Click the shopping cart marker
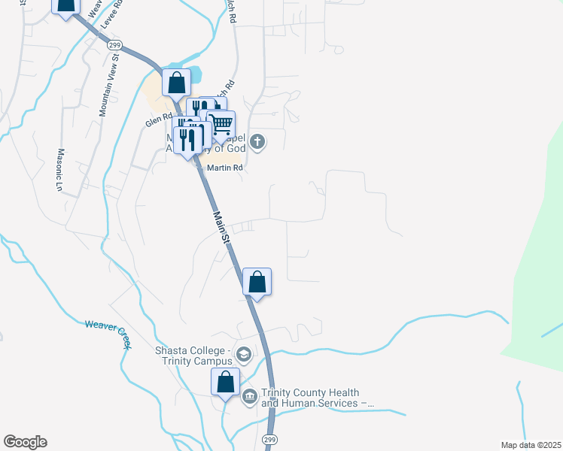[x=221, y=124]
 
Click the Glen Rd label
[x=159, y=120]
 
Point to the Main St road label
[x=221, y=227]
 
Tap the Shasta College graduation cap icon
[x=243, y=353]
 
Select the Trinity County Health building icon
[x=250, y=397]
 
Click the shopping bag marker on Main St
[x=257, y=283]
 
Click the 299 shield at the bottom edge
[x=269, y=439]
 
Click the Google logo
[x=25, y=442]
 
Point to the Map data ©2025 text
[x=531, y=445]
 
